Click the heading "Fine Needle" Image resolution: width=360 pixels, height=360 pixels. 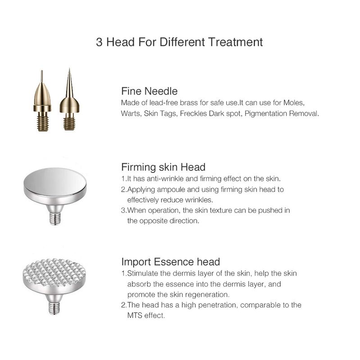149,91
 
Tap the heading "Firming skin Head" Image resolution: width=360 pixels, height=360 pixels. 163,167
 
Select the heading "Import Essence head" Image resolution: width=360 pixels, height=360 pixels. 171,262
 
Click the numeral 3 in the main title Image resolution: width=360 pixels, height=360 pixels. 99,42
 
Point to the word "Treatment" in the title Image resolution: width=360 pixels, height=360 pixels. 235,42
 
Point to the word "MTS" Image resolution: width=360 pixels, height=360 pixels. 135,315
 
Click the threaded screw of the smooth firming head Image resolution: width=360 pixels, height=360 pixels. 55,219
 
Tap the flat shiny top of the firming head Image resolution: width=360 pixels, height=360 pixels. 55,181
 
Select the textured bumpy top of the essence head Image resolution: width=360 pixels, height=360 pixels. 54,272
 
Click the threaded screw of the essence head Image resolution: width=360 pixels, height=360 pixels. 54,308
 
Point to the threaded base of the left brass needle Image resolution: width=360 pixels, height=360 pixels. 43,123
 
